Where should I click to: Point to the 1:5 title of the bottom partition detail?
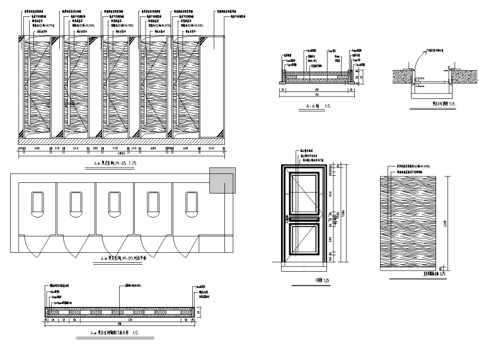pos(117,330)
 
